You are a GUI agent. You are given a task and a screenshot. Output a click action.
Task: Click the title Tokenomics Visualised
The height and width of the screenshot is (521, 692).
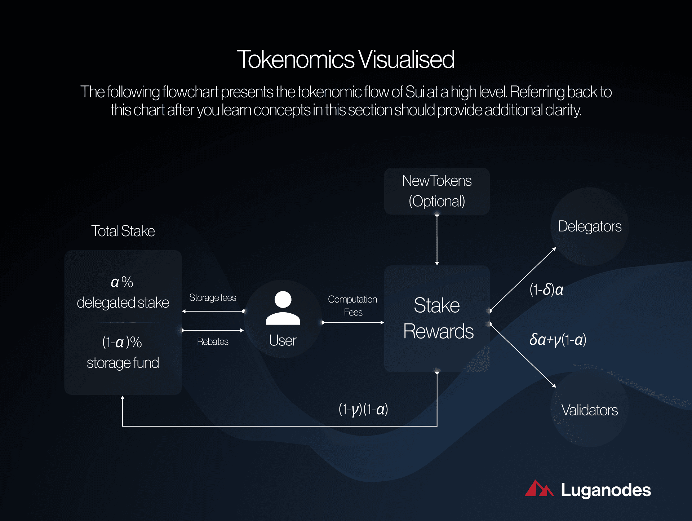pyautogui.click(x=346, y=59)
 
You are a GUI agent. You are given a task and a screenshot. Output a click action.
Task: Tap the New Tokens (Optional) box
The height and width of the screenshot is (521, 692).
pyautogui.click(x=436, y=191)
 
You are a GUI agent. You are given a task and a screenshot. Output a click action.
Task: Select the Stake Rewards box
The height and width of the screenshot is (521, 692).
pyautogui.click(x=436, y=318)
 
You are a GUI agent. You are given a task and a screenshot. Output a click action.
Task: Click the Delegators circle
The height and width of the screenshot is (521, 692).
pyautogui.click(x=589, y=226)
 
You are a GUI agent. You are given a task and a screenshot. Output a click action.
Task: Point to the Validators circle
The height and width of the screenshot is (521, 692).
pyautogui.click(x=589, y=410)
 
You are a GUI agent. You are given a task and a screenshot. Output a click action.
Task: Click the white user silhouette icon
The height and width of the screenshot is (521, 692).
pyautogui.click(x=283, y=308)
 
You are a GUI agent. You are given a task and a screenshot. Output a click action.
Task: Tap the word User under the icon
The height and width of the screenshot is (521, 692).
pyautogui.click(x=283, y=340)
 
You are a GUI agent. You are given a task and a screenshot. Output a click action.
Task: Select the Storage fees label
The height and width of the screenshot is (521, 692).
pyautogui.click(x=212, y=298)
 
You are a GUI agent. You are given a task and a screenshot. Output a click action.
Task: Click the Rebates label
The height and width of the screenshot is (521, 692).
pyautogui.click(x=213, y=341)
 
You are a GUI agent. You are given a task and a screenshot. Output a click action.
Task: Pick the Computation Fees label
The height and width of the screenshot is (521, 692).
pyautogui.click(x=352, y=305)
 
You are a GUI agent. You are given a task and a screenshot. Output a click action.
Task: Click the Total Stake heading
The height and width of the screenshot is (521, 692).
pyautogui.click(x=123, y=231)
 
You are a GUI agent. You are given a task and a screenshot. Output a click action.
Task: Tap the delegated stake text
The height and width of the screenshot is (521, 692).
pyautogui.click(x=123, y=303)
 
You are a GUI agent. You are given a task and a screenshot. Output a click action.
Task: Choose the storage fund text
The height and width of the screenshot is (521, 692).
pyautogui.click(x=123, y=363)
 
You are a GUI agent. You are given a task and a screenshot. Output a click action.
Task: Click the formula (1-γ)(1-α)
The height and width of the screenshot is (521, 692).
pyautogui.click(x=363, y=409)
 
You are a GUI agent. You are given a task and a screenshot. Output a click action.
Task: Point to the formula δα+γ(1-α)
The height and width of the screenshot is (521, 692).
pyautogui.click(x=558, y=340)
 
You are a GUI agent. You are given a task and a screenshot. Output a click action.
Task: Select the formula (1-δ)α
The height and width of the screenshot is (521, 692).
pyautogui.click(x=546, y=290)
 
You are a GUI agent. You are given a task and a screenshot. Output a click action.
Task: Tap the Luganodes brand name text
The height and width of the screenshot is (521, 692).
pyautogui.click(x=605, y=490)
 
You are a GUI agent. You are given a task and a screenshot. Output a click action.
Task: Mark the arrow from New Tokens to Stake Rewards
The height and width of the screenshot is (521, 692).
pyautogui.click(x=437, y=240)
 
